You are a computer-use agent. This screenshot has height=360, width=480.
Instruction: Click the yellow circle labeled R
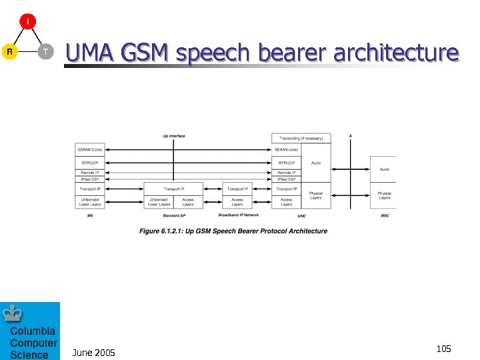9,51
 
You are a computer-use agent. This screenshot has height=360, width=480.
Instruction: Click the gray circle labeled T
45,51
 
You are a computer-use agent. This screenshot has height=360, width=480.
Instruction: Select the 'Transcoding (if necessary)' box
301,138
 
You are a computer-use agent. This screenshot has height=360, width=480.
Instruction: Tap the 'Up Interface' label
174,136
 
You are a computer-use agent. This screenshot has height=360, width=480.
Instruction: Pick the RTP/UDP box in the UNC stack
286,162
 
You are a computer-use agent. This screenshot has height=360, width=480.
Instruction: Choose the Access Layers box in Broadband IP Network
237,201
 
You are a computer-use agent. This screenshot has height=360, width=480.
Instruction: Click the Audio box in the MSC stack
384,169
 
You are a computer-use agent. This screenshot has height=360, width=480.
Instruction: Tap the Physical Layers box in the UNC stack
315,195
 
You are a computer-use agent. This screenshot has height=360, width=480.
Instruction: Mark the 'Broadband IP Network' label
238,215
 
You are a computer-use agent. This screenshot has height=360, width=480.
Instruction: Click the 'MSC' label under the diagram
385,216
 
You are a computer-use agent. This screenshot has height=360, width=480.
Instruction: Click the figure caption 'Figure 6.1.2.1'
233,231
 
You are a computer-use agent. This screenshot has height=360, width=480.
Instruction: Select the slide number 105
443,349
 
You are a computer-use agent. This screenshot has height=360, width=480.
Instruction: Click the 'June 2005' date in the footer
93,352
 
